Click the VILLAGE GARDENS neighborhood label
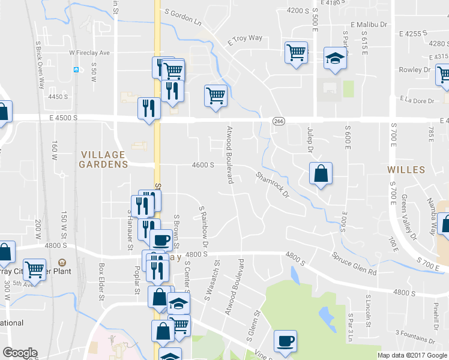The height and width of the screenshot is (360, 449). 104,159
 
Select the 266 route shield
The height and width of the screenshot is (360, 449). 279,121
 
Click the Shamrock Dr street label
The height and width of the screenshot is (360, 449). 272,185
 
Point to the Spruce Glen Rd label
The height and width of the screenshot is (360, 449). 354,263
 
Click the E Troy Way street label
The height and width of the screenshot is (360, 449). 245,40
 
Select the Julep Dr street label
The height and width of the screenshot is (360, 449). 310,140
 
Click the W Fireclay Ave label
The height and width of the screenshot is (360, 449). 89,53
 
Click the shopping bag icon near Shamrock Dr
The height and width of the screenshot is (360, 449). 321,174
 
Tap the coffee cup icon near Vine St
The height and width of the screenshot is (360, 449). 285,341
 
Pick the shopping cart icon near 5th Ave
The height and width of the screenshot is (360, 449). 35,269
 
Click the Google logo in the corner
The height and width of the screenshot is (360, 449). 20,353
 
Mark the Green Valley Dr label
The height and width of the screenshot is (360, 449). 410,209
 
